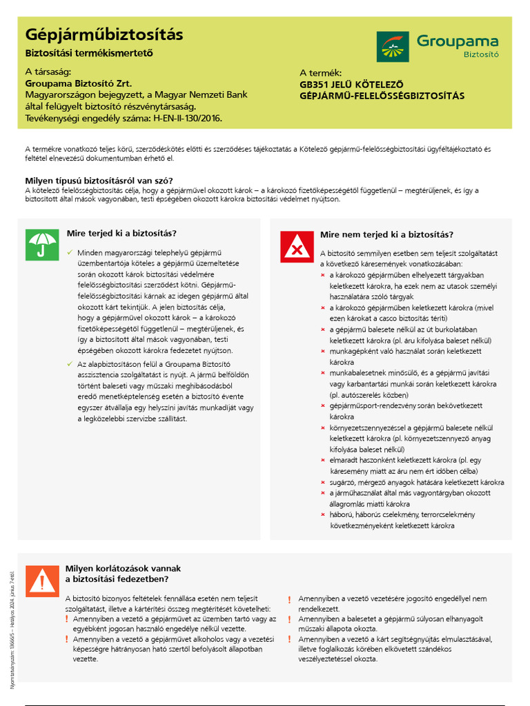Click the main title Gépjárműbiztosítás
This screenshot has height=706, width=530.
[x=104, y=34]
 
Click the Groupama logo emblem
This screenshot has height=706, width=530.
[x=393, y=46]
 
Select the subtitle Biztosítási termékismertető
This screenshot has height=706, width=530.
[x=88, y=53]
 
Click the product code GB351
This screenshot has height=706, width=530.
[x=315, y=84]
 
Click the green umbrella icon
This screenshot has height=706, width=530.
[x=42, y=245]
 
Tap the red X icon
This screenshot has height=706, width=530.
[x=297, y=246]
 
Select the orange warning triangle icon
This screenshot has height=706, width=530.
[x=42, y=581]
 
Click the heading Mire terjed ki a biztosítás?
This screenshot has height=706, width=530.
[x=121, y=233]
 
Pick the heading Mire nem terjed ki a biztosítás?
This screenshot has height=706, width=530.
[x=386, y=234]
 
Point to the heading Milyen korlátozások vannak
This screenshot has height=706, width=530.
[x=123, y=568]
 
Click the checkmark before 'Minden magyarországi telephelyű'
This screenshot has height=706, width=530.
[x=70, y=252]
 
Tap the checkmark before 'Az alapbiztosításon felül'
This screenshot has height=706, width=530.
[x=70, y=363]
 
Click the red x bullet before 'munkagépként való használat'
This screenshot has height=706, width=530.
[x=322, y=352]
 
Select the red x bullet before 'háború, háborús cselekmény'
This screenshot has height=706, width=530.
[x=322, y=514]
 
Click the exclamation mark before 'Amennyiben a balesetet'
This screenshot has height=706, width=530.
[x=290, y=619]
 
